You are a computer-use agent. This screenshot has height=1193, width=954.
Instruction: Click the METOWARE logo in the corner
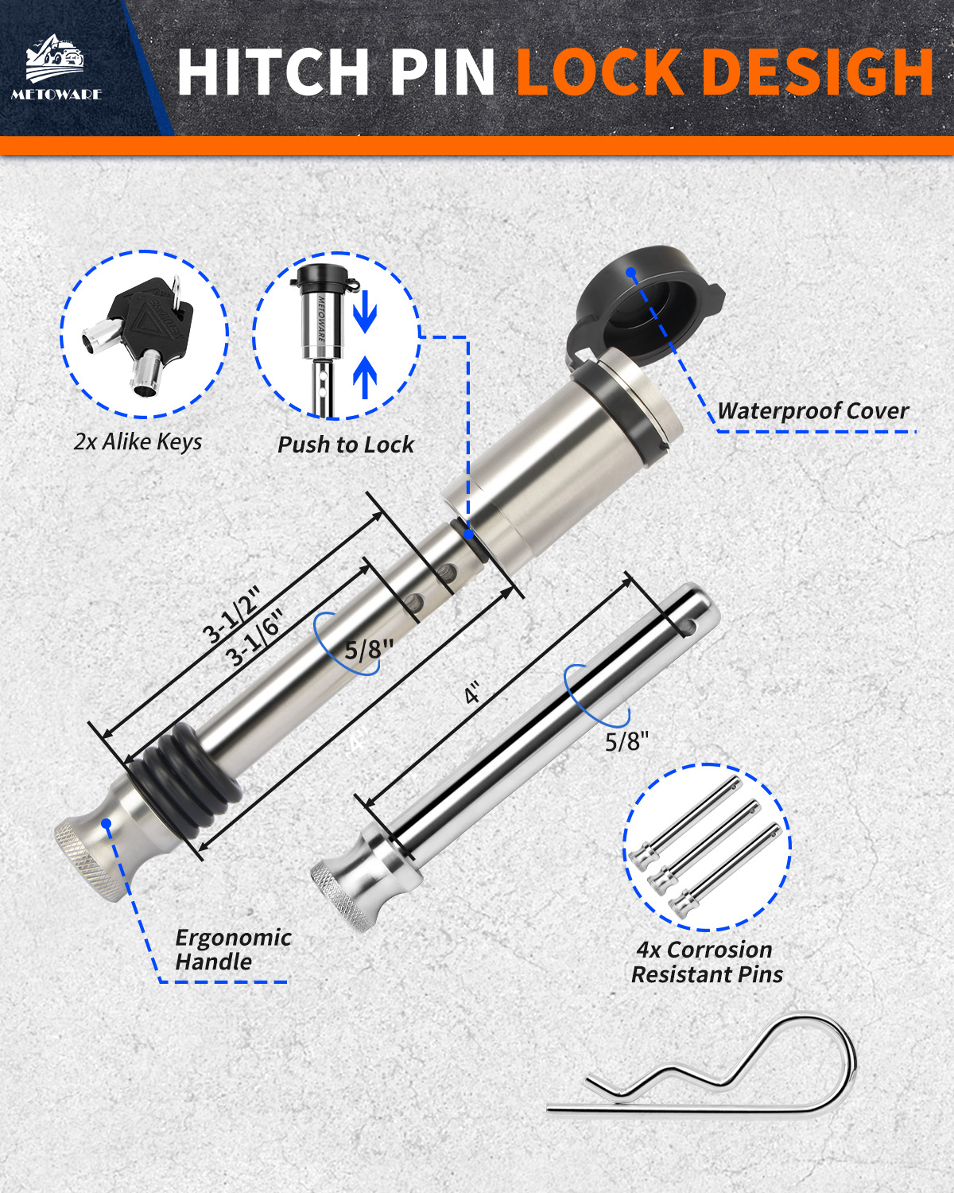[56, 67]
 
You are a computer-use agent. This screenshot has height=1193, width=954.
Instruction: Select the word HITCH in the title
[273, 72]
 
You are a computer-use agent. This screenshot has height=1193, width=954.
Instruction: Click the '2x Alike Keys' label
[138, 442]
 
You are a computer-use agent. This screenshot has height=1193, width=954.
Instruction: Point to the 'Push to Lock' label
[345, 445]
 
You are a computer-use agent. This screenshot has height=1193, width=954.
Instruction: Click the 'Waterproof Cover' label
[812, 410]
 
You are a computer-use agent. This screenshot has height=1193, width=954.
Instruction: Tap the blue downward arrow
[365, 313]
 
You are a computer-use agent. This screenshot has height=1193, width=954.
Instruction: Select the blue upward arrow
[365, 377]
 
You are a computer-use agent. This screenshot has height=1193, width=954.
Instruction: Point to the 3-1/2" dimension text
[231, 617]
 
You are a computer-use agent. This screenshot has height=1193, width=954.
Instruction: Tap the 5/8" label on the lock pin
[368, 649]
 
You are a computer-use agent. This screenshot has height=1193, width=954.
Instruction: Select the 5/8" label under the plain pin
[626, 741]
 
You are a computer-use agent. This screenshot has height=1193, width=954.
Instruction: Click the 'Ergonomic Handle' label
[234, 950]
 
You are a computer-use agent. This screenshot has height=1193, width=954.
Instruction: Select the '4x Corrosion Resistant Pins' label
[706, 962]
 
